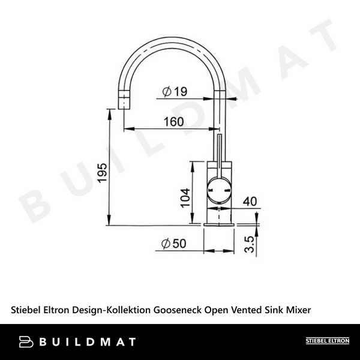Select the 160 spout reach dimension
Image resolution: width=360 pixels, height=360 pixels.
point(173,122)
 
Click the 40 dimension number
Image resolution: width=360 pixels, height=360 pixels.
point(250,202)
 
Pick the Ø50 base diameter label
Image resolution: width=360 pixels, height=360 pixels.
point(173,244)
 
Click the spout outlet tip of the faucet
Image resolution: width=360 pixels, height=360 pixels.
point(125,104)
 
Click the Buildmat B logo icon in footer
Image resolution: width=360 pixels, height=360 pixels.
point(26,341)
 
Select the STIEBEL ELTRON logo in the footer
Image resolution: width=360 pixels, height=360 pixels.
point(327,341)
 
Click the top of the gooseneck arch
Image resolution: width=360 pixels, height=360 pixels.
point(172,38)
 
